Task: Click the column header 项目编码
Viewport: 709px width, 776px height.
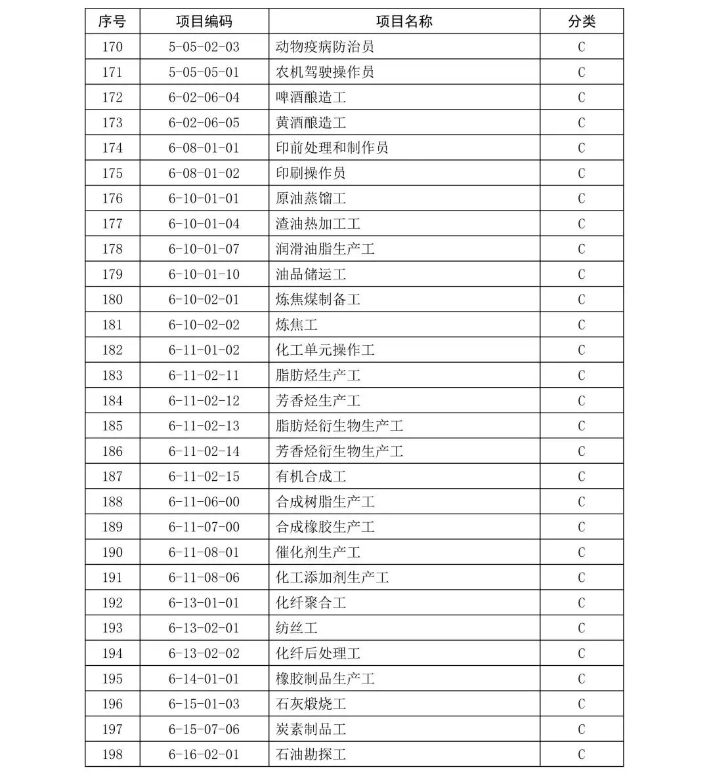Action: (x=204, y=22)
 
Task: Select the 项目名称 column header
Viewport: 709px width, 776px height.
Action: (x=404, y=22)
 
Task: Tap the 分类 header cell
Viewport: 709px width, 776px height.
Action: (x=581, y=22)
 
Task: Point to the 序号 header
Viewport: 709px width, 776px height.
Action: (x=112, y=22)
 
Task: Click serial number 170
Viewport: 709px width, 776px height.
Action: (x=112, y=47)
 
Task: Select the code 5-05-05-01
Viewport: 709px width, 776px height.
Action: (x=204, y=72)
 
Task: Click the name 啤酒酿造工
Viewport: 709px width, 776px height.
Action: (x=311, y=98)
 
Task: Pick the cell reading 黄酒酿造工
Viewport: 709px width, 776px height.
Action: (x=311, y=123)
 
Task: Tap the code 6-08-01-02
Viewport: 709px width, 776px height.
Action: (x=204, y=173)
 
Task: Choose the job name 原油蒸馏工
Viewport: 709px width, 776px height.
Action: (x=311, y=199)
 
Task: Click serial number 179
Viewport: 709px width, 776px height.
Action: (x=112, y=274)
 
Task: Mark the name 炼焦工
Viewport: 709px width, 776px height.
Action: (x=297, y=325)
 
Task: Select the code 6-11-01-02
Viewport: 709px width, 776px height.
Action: (x=204, y=350)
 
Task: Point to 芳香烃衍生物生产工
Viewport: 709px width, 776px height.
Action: (x=339, y=451)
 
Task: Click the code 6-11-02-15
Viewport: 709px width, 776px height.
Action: (x=204, y=477)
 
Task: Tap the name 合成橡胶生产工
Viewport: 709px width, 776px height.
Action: (x=325, y=527)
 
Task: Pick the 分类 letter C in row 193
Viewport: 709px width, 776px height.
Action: (x=581, y=628)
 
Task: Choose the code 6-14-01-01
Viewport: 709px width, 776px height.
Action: (x=204, y=679)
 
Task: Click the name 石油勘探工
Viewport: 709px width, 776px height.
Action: (x=311, y=754)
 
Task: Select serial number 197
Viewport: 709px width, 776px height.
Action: (x=112, y=729)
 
